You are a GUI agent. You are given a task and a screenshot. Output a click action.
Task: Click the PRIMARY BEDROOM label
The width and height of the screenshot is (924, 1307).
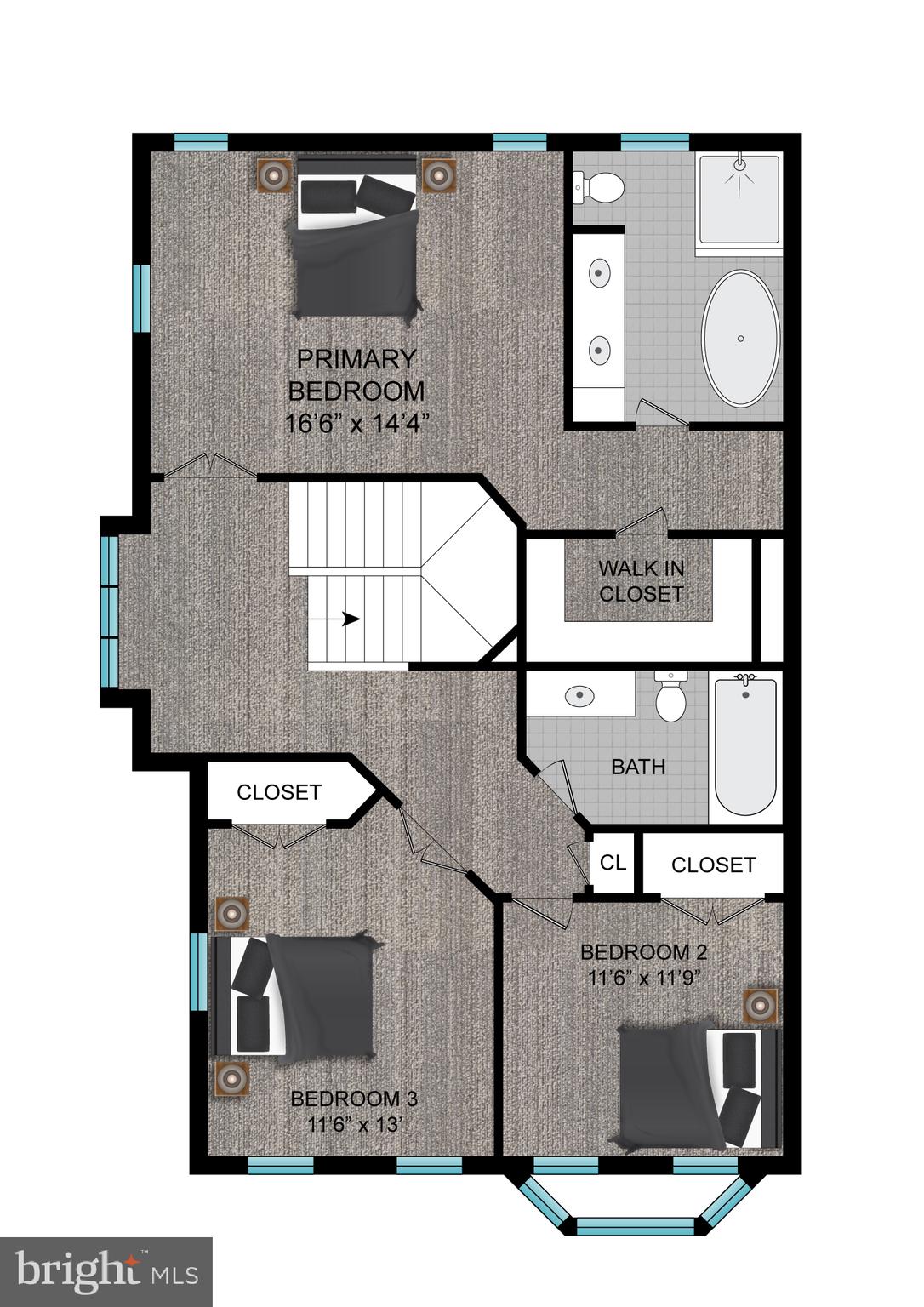[x=356, y=375]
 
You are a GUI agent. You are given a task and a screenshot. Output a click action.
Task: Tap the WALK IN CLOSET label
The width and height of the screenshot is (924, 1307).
[x=641, y=581]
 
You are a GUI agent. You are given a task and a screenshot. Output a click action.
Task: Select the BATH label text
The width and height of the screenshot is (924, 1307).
[x=638, y=767]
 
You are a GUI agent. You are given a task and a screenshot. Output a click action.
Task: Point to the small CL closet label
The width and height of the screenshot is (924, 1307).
[x=613, y=862]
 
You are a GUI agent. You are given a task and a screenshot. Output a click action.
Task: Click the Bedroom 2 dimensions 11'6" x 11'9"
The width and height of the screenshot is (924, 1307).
[x=643, y=978]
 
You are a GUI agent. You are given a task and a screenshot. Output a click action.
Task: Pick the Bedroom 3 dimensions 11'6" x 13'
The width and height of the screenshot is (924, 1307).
[x=354, y=1124]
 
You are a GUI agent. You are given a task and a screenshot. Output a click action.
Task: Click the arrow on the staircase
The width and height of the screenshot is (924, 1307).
[x=349, y=619]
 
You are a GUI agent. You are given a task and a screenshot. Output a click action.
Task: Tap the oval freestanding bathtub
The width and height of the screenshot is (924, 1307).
[x=740, y=338]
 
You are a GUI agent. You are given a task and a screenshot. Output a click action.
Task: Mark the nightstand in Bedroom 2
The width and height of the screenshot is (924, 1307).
[x=759, y=1005]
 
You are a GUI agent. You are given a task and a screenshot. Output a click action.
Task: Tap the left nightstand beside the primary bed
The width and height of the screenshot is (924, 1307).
[x=275, y=175]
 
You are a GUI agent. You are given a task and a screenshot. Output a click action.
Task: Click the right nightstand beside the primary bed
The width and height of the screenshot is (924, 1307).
[x=437, y=175]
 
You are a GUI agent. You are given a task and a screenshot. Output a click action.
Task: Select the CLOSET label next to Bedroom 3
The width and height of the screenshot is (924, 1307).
[x=278, y=792]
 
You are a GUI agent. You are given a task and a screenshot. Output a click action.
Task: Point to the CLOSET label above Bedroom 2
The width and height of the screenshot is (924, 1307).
[x=713, y=865]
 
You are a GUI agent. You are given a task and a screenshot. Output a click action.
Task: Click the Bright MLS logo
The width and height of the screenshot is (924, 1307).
[x=106, y=1271]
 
